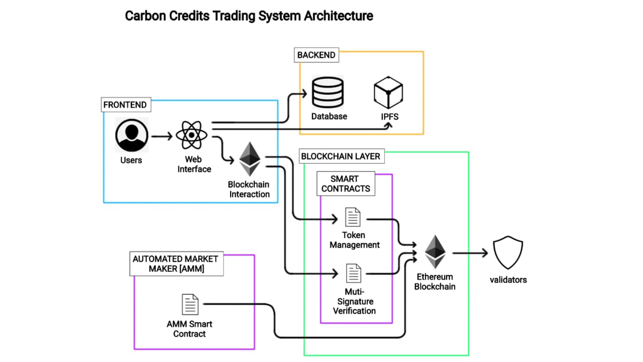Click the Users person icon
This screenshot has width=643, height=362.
click(132, 135)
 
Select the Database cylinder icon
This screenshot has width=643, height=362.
click(328, 92)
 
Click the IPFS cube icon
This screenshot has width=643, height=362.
click(388, 93)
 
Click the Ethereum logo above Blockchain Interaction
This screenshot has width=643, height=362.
click(250, 159)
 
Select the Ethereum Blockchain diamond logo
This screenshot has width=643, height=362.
click(435, 252)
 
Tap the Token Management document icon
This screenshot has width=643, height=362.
click(353, 217)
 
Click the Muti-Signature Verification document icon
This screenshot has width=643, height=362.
click(353, 274)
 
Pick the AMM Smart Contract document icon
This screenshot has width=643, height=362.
click(190, 305)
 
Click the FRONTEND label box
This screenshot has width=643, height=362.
click(125, 105)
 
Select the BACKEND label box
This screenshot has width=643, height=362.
click(316, 55)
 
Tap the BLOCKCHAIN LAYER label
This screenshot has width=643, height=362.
click(341, 156)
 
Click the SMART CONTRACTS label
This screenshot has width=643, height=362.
click(346, 184)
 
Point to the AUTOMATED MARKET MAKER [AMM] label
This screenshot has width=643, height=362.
click(176, 264)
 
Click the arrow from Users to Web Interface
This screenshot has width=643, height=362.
click(161, 136)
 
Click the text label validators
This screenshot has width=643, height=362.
click(508, 280)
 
